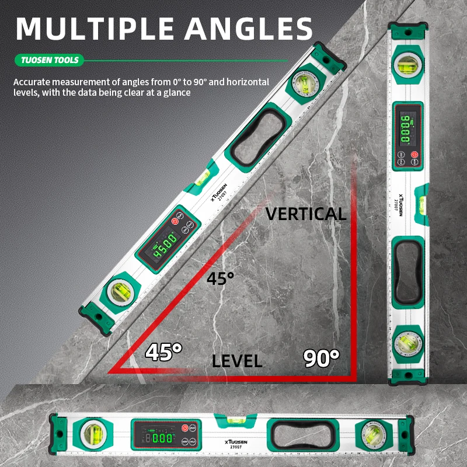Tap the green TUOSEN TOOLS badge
pyautogui.click(x=49, y=60)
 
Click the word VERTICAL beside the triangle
pyautogui.click(x=306, y=214)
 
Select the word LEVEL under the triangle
pyautogui.click(x=236, y=361)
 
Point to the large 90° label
pyautogui.click(x=321, y=357)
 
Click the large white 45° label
pyautogui.click(x=163, y=351)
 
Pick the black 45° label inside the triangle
pyautogui.click(x=220, y=278)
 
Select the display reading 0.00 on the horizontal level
pyautogui.click(x=159, y=437)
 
